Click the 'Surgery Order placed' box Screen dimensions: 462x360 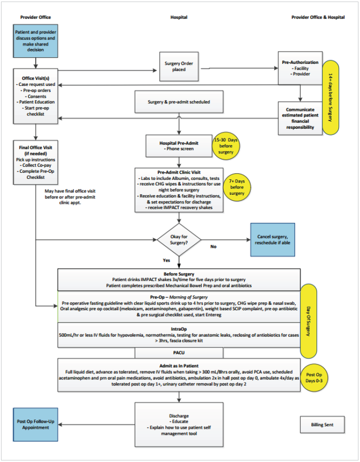point(179,66)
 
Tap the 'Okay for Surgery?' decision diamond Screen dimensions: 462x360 point(178,239)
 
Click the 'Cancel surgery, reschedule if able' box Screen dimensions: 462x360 point(272,238)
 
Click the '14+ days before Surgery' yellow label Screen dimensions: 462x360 point(331,98)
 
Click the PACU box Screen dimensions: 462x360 point(179,353)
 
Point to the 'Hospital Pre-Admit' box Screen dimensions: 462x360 point(179,146)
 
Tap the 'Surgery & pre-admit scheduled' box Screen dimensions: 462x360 point(179,102)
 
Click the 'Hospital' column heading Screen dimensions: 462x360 point(179,17)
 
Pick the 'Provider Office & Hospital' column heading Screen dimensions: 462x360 point(318,17)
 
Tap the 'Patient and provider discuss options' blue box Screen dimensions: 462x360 point(36,41)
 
